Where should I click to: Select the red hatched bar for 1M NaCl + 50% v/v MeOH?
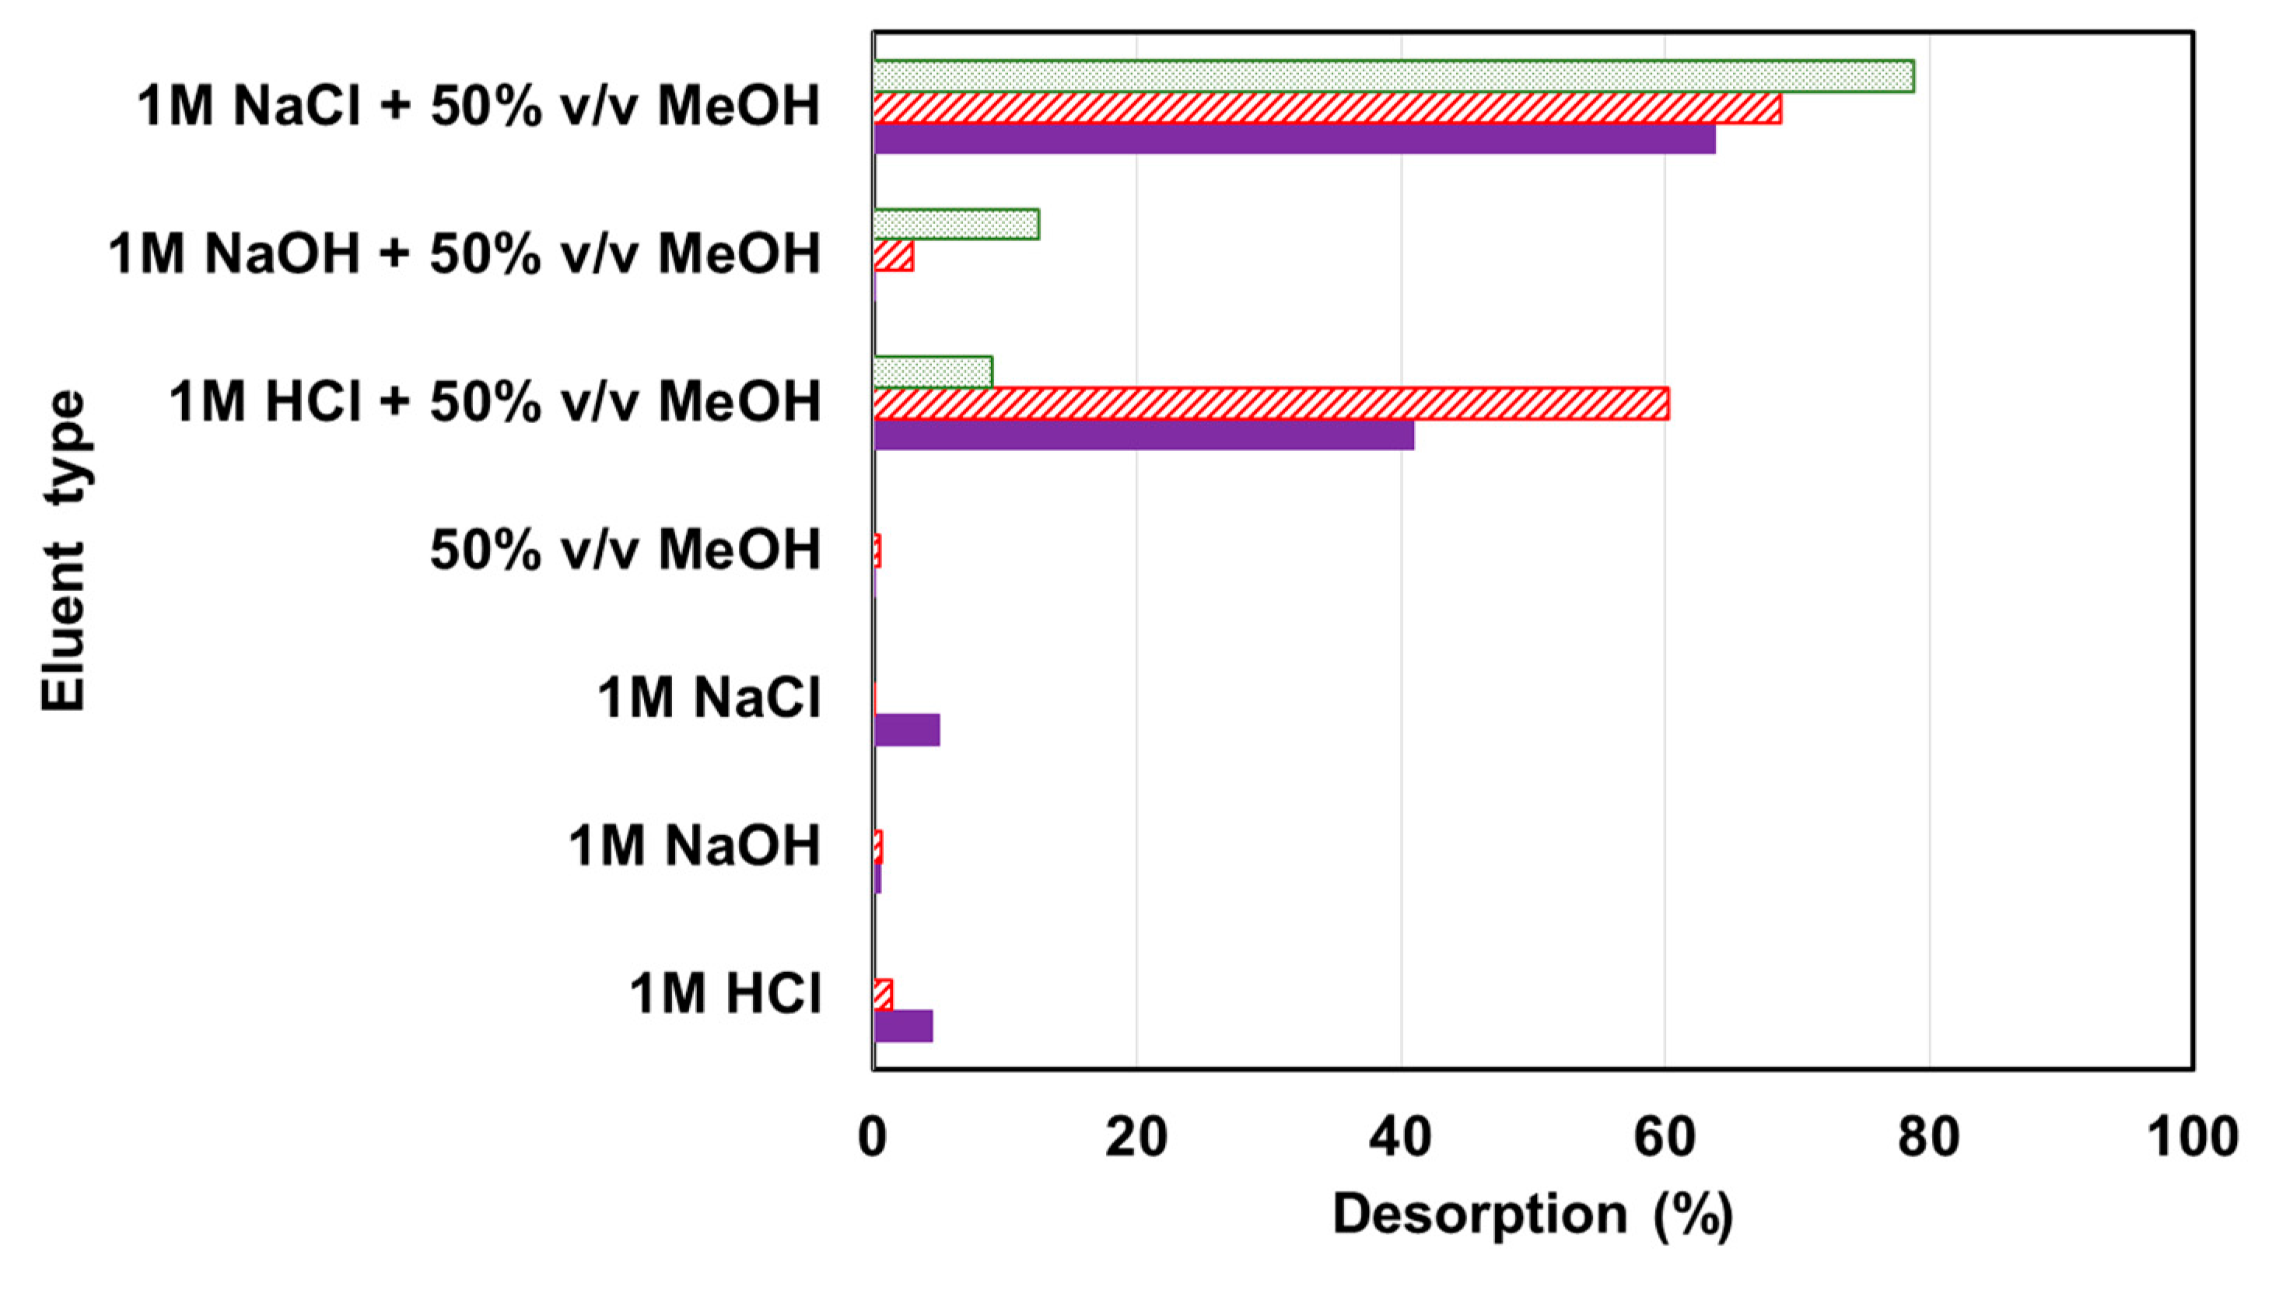click(x=1327, y=108)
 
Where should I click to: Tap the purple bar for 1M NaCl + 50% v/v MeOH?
click(x=1294, y=139)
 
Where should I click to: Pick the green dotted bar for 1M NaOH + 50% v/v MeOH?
click(x=955, y=224)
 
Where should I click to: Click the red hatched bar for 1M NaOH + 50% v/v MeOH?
click(x=893, y=257)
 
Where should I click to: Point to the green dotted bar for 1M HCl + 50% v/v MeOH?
click(x=932, y=372)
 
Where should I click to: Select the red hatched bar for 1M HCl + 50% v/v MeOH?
click(x=1271, y=404)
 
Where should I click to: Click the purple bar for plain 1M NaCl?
click(x=906, y=730)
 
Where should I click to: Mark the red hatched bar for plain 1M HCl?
click(x=883, y=994)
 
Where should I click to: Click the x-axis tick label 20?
click(x=1136, y=1138)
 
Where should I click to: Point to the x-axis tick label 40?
click(x=1400, y=1138)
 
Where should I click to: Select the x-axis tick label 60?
click(x=1665, y=1138)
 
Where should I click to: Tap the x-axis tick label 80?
click(x=1928, y=1138)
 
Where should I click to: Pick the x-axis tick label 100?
click(x=2191, y=1138)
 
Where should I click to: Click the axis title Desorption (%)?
click(x=1532, y=1215)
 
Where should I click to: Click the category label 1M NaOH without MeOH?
click(x=695, y=845)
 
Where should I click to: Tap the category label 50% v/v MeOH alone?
click(x=625, y=550)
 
